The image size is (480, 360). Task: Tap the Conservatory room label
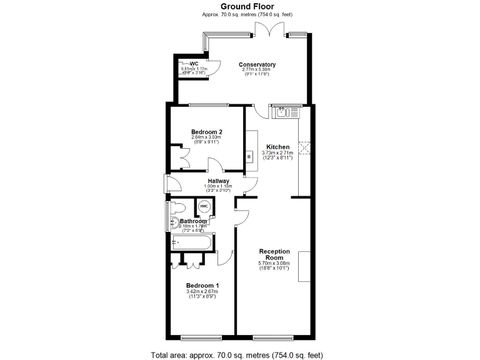257,64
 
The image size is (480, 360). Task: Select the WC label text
194,64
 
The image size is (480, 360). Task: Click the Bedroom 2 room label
207,132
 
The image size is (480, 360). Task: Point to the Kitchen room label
277,147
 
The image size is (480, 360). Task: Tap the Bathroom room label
193,221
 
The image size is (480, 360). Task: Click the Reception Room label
274,254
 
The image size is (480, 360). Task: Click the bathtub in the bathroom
191,241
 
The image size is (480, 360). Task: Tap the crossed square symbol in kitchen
305,147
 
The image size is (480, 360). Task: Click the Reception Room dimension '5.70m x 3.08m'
274,263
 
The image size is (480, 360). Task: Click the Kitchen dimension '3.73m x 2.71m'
277,153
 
